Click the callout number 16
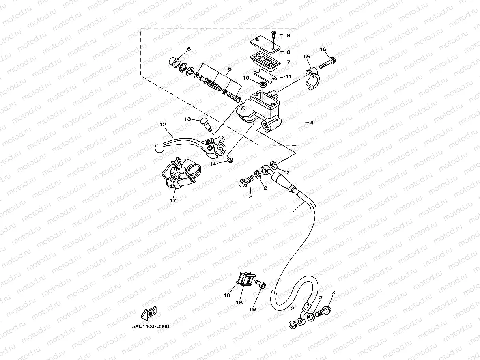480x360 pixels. [x=323, y=50]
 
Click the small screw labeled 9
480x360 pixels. [x=273, y=35]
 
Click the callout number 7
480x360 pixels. [x=288, y=62]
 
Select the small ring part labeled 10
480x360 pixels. [x=262, y=84]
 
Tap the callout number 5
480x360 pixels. [x=229, y=69]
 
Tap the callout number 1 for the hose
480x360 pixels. [x=291, y=213]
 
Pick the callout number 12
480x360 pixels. [x=162, y=124]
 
